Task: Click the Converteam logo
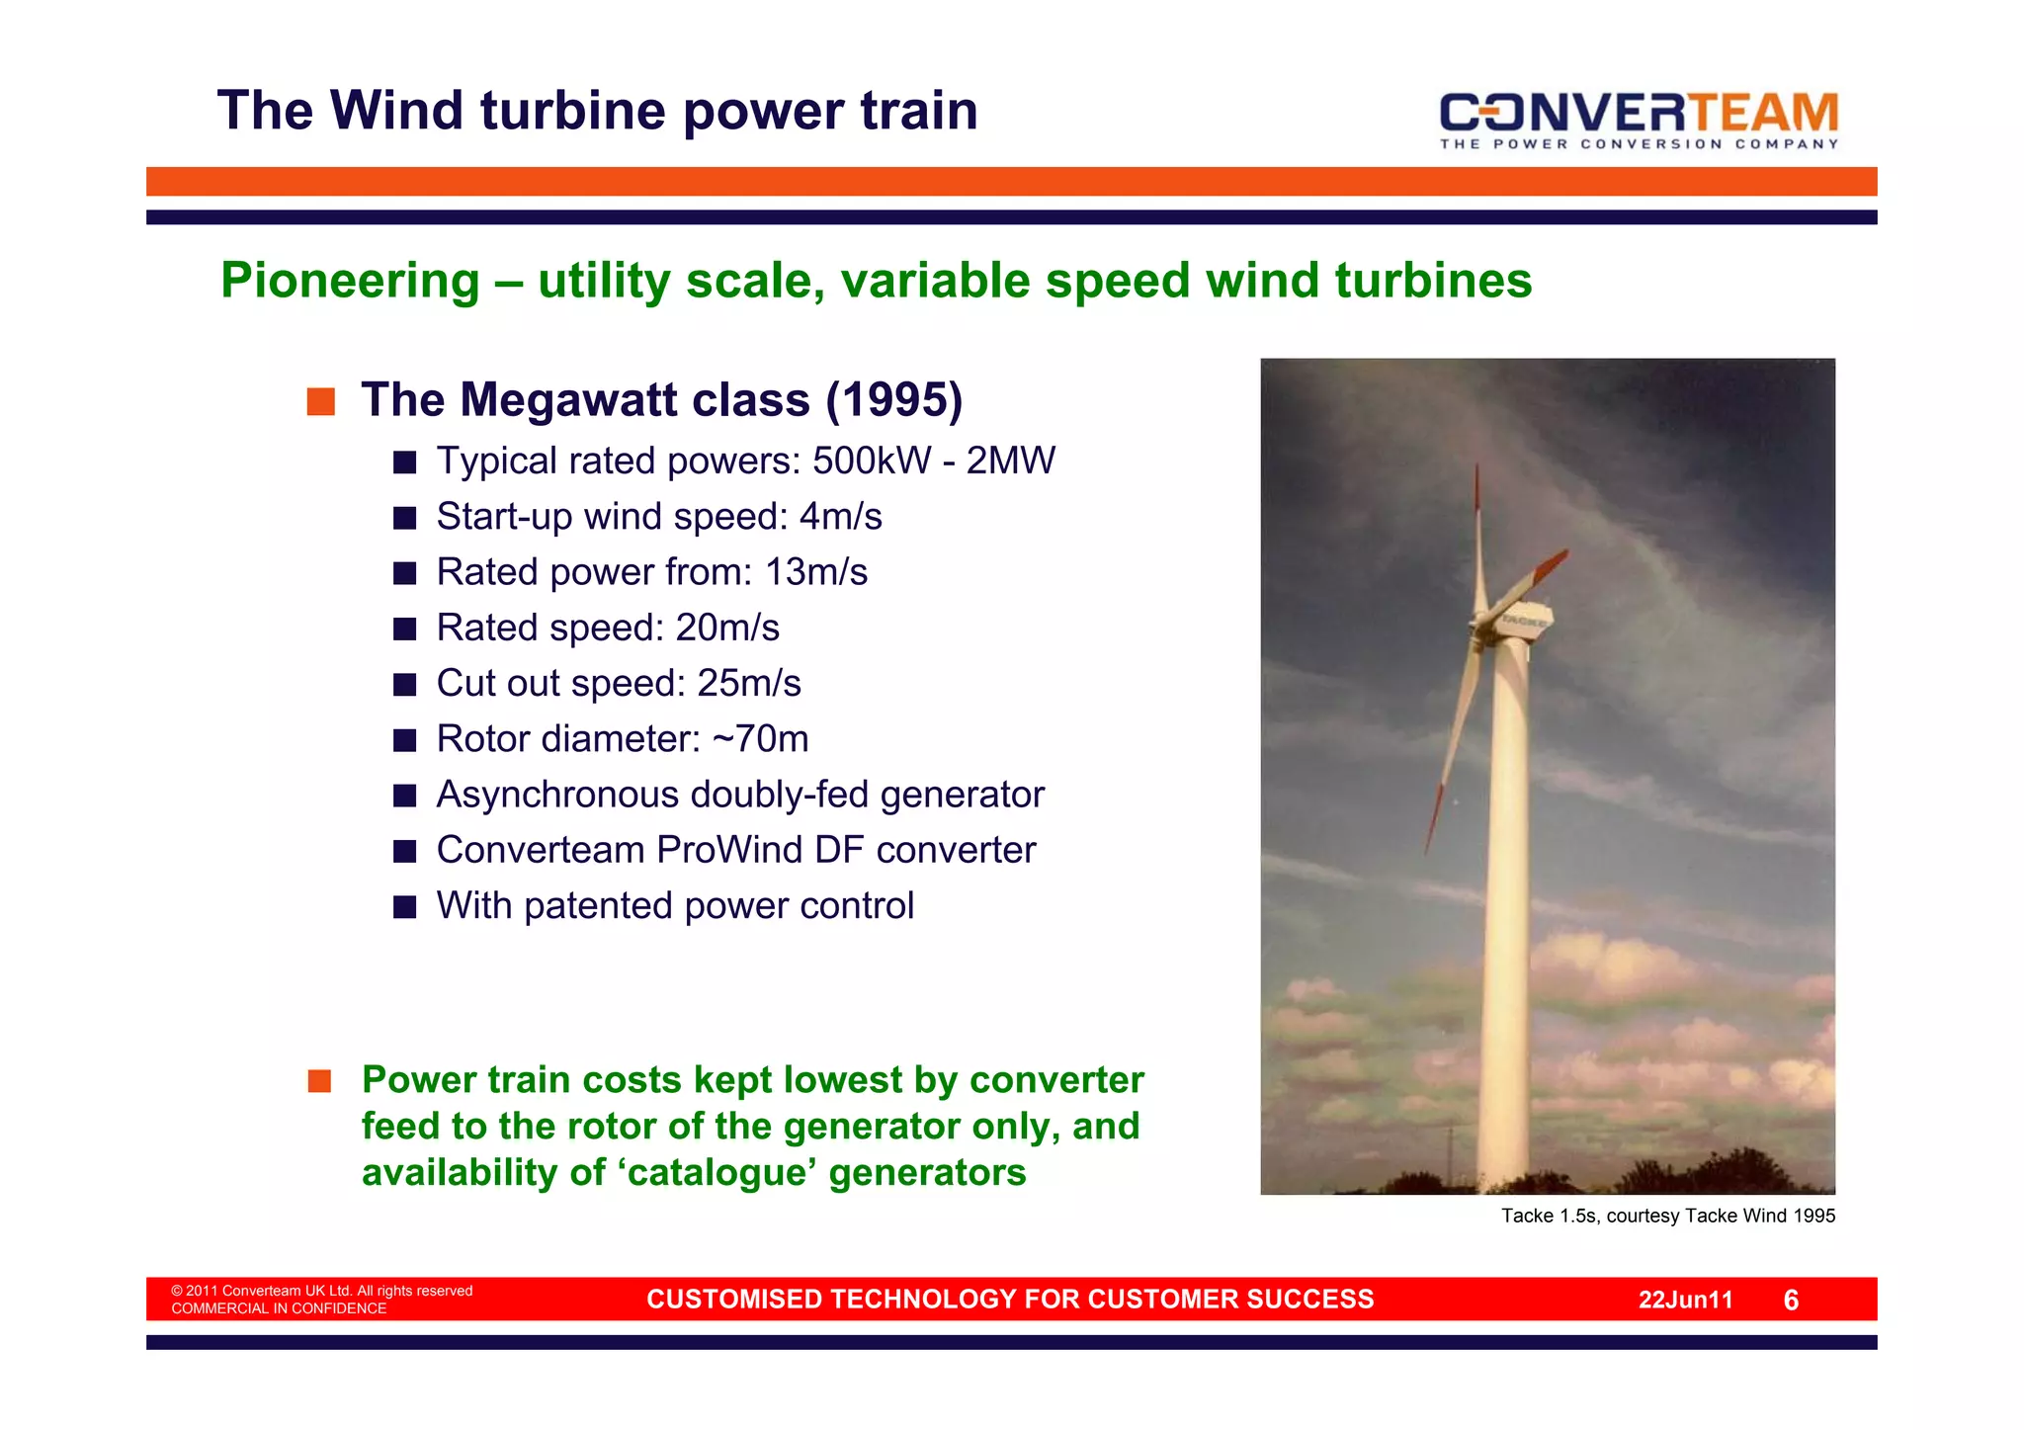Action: [x=1638, y=119]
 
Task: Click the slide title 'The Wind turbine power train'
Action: [x=597, y=111]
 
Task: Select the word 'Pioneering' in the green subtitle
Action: [x=350, y=281]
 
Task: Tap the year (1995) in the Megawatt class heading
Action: [x=894, y=400]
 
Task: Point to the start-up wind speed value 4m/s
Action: [x=840, y=517]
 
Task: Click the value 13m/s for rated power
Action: [x=816, y=572]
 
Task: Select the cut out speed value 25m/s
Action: [x=749, y=684]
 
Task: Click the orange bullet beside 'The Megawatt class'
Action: [x=320, y=402]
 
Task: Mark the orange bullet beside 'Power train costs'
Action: [x=319, y=1081]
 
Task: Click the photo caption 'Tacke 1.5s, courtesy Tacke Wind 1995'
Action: [x=1667, y=1217]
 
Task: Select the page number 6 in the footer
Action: [x=1791, y=1301]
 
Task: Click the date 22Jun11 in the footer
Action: [x=1685, y=1301]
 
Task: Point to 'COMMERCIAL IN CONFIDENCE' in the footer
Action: [x=279, y=1309]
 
